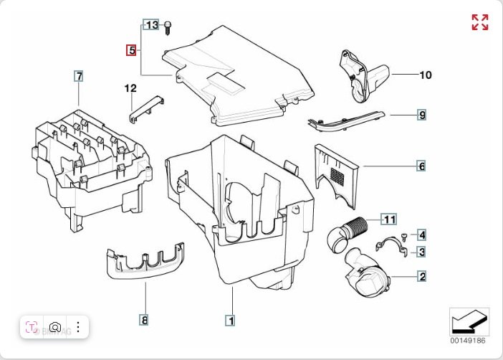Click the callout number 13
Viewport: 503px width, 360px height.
(151, 25)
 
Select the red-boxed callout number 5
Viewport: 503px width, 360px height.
(131, 50)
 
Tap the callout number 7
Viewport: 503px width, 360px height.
(79, 75)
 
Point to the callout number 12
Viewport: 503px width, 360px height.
(130, 88)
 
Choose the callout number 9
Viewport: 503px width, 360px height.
(423, 115)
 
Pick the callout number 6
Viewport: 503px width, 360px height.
(422, 166)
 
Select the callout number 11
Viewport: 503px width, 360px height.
(388, 219)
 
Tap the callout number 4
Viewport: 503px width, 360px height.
(423, 235)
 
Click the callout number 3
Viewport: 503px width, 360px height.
(423, 252)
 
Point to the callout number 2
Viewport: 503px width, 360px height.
(423, 276)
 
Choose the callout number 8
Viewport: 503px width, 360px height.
(144, 321)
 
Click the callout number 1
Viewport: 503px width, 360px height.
(230, 321)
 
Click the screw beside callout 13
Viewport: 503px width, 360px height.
(167, 27)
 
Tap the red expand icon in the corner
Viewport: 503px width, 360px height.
(479, 22)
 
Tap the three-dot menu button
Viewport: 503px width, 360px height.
(77, 328)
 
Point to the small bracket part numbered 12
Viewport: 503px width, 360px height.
(146, 105)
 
